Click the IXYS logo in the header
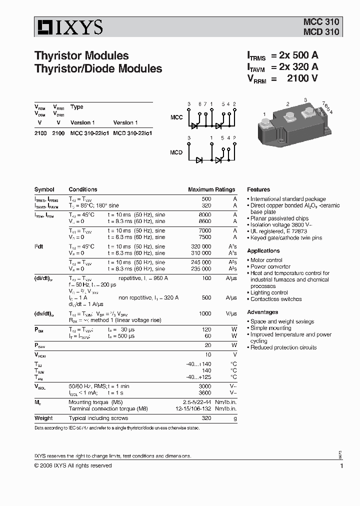[68, 27]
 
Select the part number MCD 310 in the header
[321, 32]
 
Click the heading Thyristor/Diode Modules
[98, 68]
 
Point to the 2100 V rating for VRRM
[302, 78]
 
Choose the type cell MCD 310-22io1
[132, 133]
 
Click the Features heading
[258, 189]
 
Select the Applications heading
[263, 250]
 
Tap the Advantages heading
[262, 312]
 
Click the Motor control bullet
[266, 260]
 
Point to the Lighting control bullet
[269, 292]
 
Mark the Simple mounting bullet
[270, 328]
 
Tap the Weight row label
[43, 418]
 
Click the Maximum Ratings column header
[211, 189]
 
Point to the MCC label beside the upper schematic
[176, 117]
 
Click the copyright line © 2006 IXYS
[73, 465]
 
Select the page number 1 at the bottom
[341, 466]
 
